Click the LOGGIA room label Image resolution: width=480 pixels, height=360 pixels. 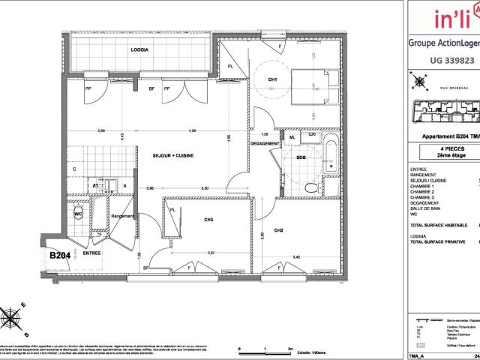click(139, 49)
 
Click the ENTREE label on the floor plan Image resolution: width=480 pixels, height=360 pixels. click(92, 253)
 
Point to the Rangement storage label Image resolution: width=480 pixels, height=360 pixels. click(122, 216)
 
